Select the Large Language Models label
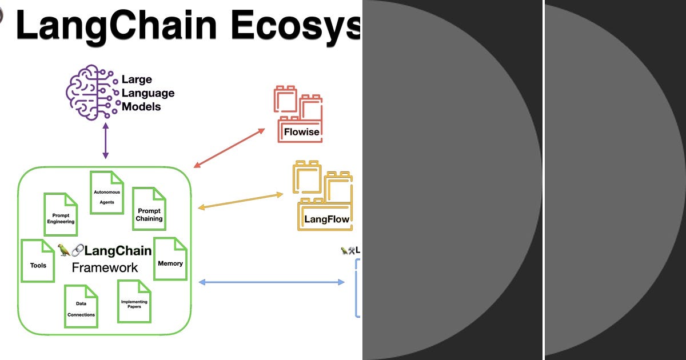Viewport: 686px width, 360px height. pyautogui.click(x=147, y=93)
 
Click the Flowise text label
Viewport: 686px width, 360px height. pyautogui.click(x=302, y=133)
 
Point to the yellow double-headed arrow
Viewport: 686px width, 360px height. pyautogui.click(x=240, y=201)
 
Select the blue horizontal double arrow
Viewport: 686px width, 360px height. pyautogui.click(x=271, y=282)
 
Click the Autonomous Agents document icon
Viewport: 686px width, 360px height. pyautogui.click(x=107, y=192)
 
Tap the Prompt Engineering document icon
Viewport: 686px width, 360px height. pyautogui.click(x=61, y=215)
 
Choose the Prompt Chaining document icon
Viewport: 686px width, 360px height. pyautogui.click(x=149, y=209)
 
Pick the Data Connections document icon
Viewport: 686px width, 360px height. pyautogui.click(x=81, y=306)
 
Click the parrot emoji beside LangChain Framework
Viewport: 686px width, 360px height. pyautogui.click(x=64, y=250)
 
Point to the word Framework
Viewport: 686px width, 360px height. pyautogui.click(x=105, y=267)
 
